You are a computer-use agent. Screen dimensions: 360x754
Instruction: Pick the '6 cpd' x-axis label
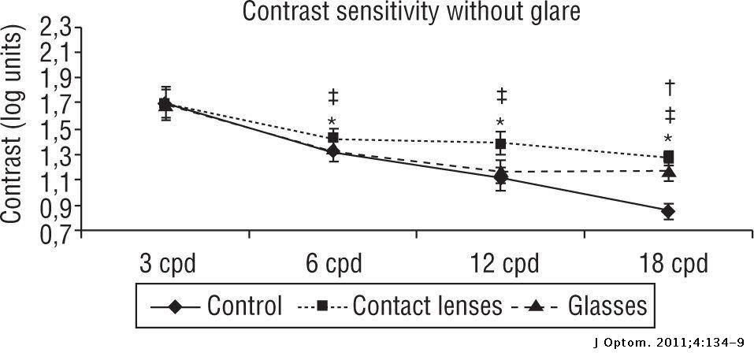[x=333, y=264]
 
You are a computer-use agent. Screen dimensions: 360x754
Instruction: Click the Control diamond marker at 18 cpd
[x=668, y=211]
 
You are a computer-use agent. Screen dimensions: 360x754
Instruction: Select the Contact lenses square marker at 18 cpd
[x=668, y=157]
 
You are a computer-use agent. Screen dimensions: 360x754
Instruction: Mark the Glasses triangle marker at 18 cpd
[x=668, y=172]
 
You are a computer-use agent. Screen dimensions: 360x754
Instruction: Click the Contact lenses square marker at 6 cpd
[x=333, y=138]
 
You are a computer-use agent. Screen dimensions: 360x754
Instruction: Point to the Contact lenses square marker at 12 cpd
[x=501, y=143]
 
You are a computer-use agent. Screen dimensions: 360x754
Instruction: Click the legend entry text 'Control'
[x=245, y=306]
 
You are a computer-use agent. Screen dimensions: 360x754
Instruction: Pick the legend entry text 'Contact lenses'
[x=427, y=306]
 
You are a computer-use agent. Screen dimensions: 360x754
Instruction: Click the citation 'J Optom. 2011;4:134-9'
[x=669, y=343]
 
